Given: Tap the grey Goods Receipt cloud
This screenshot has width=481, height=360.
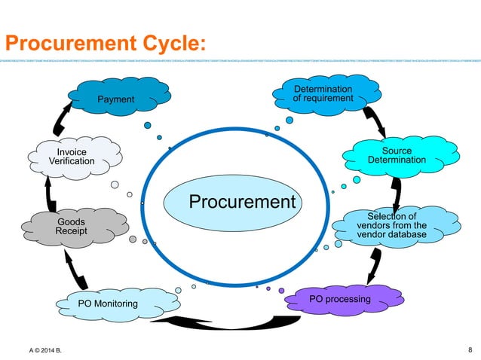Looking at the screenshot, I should [x=71, y=227].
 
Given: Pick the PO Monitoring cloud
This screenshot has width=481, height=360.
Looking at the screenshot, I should [x=108, y=304].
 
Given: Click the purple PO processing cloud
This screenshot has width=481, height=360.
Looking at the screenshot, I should [x=340, y=300].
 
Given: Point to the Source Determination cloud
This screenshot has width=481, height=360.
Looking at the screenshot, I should [x=397, y=155].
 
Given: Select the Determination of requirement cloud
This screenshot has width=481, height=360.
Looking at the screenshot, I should [x=323, y=94].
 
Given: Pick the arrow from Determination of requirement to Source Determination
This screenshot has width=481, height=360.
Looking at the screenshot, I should [x=374, y=119].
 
